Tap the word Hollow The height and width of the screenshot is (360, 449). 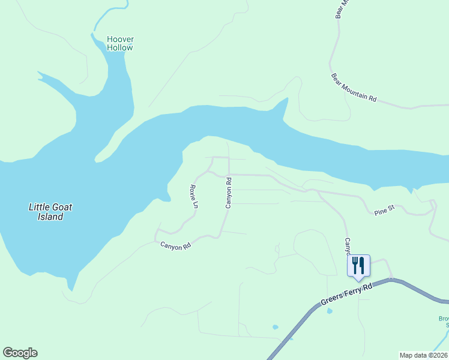click(120, 48)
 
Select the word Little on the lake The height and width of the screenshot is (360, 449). click(41, 207)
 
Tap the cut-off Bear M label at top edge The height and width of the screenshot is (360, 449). click(342, 10)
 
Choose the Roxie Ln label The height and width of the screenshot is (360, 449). click(194, 196)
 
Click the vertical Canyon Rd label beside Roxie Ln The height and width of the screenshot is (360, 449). click(229, 193)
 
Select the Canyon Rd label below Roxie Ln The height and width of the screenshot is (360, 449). click(175, 245)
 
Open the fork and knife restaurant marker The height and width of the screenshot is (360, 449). click(358, 265)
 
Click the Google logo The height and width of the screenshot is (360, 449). click(20, 353)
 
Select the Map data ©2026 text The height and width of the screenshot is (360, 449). click(423, 355)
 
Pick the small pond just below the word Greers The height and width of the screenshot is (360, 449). click(330, 311)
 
